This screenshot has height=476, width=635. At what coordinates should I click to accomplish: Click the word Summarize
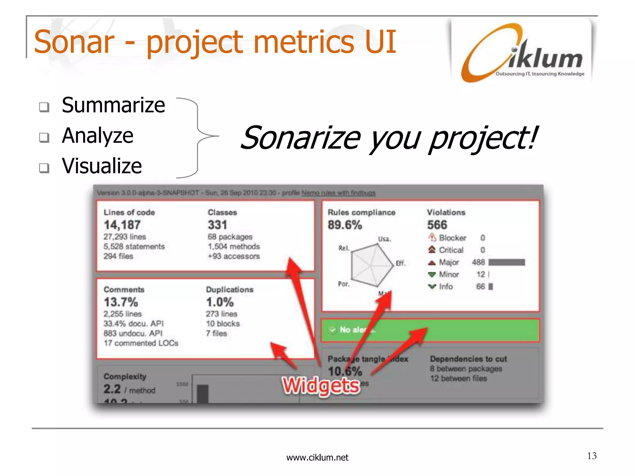click(x=113, y=105)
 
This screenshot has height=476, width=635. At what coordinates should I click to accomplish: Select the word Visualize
click(x=102, y=166)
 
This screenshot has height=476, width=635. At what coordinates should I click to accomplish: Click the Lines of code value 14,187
click(x=122, y=225)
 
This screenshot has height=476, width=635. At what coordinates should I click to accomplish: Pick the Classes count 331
click(x=217, y=225)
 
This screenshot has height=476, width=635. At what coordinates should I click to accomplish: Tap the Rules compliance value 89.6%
click(x=345, y=225)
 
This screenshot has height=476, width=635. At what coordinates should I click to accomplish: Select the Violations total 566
click(x=437, y=225)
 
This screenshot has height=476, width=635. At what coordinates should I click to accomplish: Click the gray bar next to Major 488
click(x=507, y=262)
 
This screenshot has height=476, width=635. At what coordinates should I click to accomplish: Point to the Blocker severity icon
click(x=432, y=238)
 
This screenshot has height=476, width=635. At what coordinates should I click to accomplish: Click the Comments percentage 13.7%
click(x=121, y=302)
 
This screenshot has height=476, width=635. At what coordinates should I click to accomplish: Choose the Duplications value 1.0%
click(x=220, y=302)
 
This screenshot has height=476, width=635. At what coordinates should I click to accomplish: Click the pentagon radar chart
click(x=371, y=265)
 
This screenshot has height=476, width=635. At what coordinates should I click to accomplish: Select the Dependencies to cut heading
click(x=468, y=359)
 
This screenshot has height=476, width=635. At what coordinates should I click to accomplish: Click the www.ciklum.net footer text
click(x=317, y=457)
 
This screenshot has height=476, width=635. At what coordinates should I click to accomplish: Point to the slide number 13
click(x=592, y=456)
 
